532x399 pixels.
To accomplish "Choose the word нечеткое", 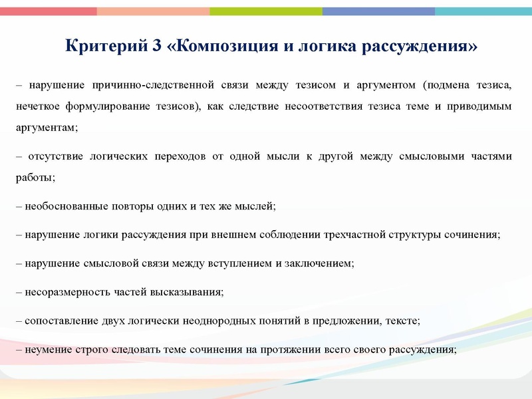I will [x=37, y=106].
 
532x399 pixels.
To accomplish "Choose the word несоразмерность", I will [x=63, y=292].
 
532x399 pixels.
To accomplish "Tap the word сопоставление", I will [x=57, y=321].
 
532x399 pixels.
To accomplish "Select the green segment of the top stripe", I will [x=266, y=11].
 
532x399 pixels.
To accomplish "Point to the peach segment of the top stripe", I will [x=153, y=11].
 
